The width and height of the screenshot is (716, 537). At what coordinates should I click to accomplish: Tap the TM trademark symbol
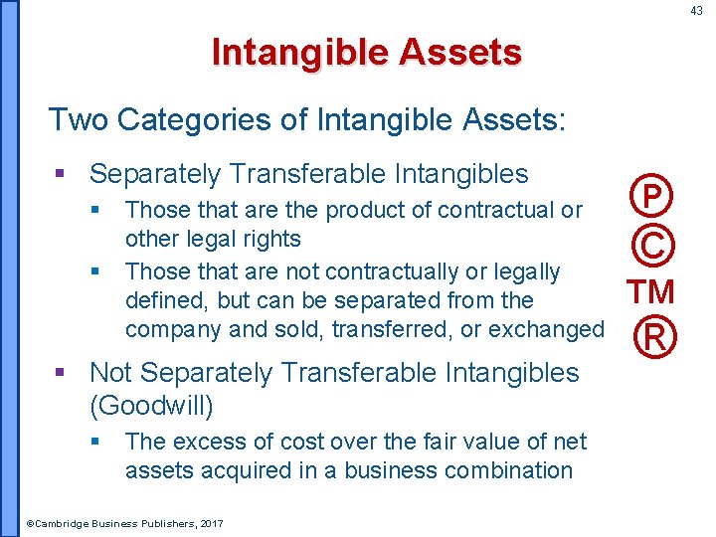[650, 291]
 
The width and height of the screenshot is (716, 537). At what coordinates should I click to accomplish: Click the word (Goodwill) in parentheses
[151, 405]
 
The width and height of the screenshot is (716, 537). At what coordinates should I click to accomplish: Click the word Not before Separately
[110, 373]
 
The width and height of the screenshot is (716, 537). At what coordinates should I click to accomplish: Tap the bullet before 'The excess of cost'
[96, 441]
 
